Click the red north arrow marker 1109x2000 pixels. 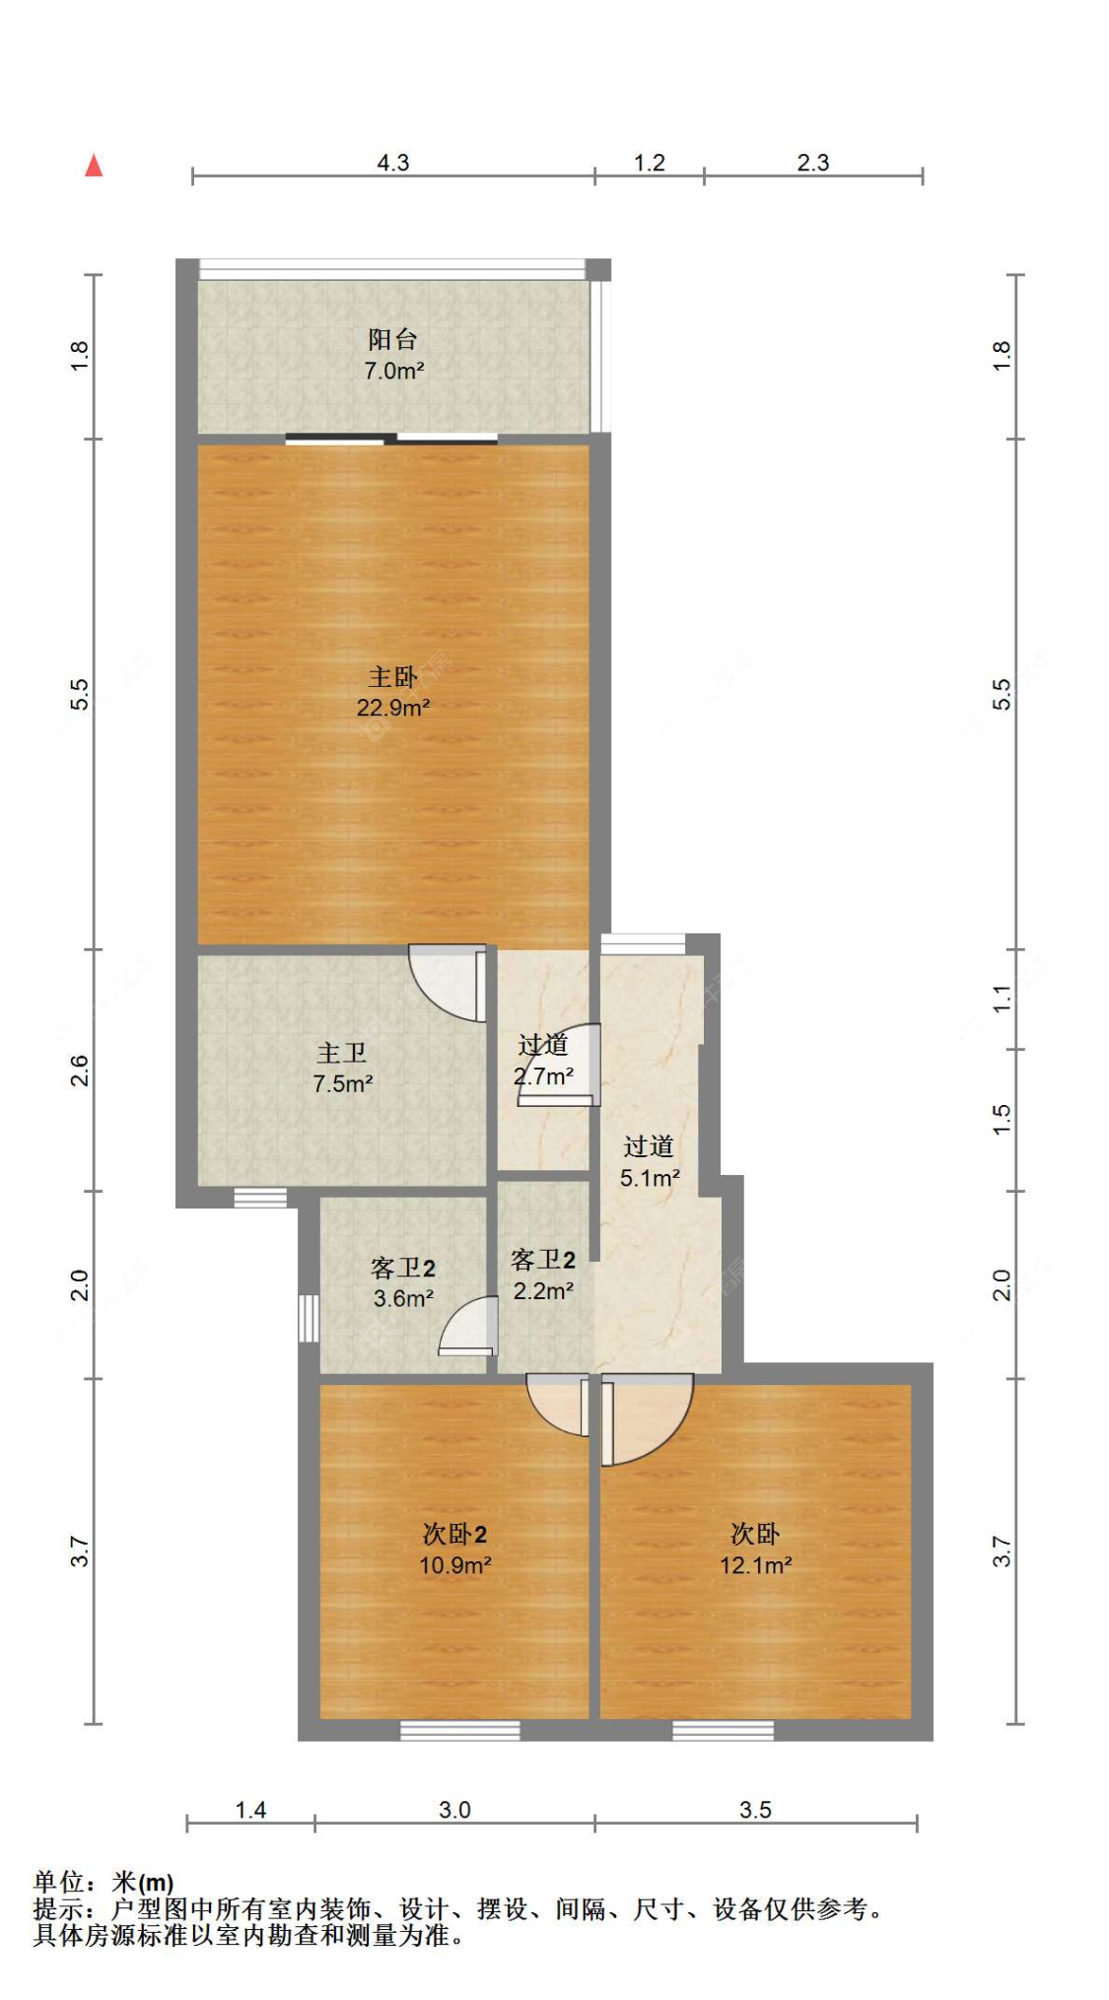point(94,166)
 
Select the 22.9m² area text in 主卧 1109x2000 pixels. point(392,708)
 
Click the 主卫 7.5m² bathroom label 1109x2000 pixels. point(341,1069)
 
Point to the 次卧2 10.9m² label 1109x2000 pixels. point(454,1549)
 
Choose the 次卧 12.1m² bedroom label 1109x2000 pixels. point(755,1549)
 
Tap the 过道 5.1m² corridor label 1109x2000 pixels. point(649,1161)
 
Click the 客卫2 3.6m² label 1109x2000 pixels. point(402,1282)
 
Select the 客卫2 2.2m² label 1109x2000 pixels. point(542,1275)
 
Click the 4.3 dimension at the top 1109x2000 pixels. point(392,163)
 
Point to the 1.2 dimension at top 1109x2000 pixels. point(649,163)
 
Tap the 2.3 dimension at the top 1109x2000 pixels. point(812,163)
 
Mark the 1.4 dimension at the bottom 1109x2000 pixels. point(250,1810)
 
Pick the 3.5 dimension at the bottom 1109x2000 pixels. point(755,1810)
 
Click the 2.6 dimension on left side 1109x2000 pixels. point(80,1070)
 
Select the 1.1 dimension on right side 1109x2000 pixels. point(1002,999)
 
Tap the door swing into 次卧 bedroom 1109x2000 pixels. point(646,1417)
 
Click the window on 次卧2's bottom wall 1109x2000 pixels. point(459,1731)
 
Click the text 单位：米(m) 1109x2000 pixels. point(104,1883)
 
